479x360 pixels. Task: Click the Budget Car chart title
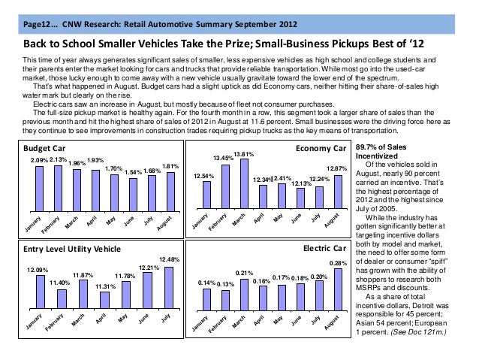pyautogui.click(x=44, y=148)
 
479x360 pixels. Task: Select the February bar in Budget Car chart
pyautogui.click(x=58, y=189)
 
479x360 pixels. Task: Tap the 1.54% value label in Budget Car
pyautogui.click(x=133, y=173)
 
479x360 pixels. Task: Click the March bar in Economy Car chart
pyautogui.click(x=245, y=183)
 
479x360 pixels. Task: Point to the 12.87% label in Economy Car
pyautogui.click(x=336, y=168)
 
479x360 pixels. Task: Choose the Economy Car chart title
pyautogui.click(x=321, y=148)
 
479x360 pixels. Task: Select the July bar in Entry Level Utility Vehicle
pyautogui.click(x=169, y=288)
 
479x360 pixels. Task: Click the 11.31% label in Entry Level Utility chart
pyautogui.click(x=105, y=286)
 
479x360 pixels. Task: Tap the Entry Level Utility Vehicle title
pyautogui.click(x=72, y=249)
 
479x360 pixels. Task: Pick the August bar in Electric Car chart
pyautogui.click(x=338, y=289)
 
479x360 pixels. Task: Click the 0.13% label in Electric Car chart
pyautogui.click(x=225, y=284)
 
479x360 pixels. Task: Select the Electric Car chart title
pyautogui.click(x=325, y=248)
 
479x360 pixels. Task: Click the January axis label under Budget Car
pyautogui.click(x=33, y=223)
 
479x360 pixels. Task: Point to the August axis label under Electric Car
pyautogui.click(x=331, y=322)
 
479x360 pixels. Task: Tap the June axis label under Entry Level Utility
pyautogui.click(x=143, y=319)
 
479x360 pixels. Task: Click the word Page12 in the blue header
pyautogui.click(x=36, y=24)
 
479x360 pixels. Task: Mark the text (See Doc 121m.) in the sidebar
pyautogui.click(x=418, y=332)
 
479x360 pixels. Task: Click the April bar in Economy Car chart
pyautogui.click(x=263, y=197)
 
